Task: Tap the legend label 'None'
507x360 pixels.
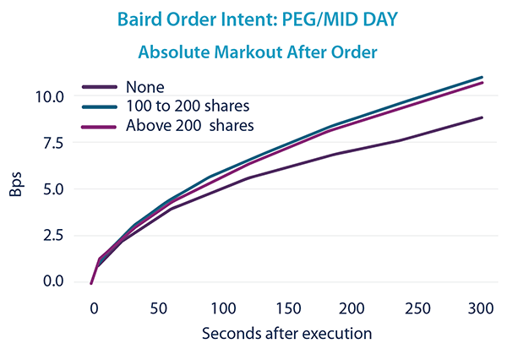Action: click(144, 86)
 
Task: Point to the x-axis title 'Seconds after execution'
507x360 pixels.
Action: click(287, 333)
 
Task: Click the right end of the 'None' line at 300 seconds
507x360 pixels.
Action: click(482, 117)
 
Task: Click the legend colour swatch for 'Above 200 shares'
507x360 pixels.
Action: click(99, 125)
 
